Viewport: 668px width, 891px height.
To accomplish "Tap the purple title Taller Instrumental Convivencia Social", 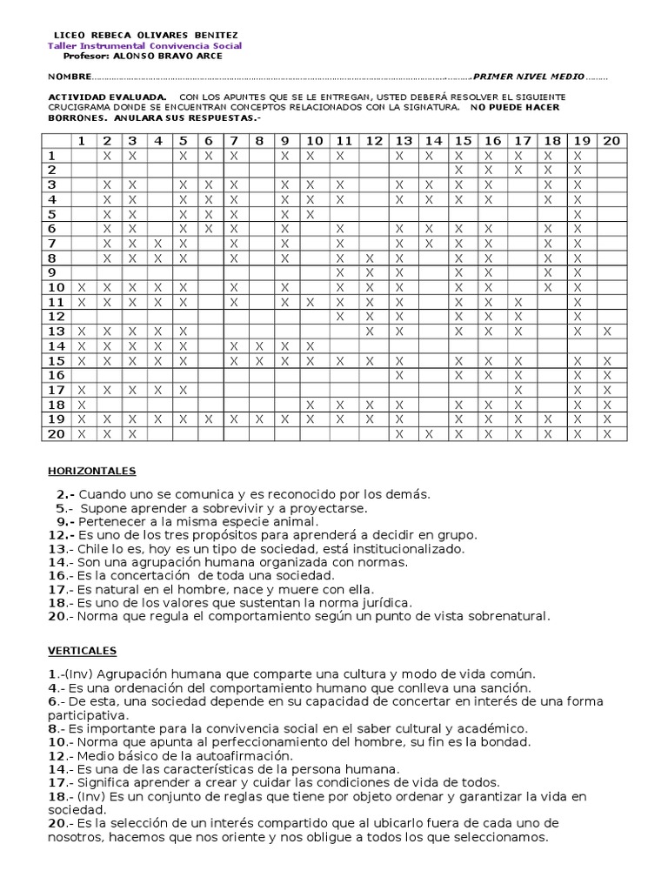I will (144, 46).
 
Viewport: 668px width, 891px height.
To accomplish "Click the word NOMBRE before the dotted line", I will (68, 77).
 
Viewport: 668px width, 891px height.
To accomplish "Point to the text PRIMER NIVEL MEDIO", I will (528, 77).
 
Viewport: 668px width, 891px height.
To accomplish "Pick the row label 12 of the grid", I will (57, 316).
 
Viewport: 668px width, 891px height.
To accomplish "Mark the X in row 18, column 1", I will (82, 405).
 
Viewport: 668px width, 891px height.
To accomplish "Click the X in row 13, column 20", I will (607, 331).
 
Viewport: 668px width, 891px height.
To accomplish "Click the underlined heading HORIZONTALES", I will (91, 471).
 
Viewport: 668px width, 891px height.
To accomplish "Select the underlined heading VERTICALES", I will (82, 650).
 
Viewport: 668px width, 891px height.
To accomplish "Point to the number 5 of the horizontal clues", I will (62, 508).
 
